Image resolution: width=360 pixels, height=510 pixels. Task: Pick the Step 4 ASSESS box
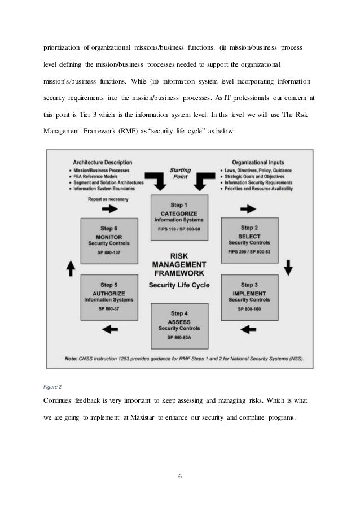[179, 325]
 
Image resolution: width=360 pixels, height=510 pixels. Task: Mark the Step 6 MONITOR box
[109, 239]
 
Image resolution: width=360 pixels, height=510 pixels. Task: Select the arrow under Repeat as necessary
[111, 208]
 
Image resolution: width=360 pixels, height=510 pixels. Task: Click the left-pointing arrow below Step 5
[111, 326]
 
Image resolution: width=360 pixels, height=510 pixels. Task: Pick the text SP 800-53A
[179, 337]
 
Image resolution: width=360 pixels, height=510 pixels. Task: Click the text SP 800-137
[109, 252]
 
